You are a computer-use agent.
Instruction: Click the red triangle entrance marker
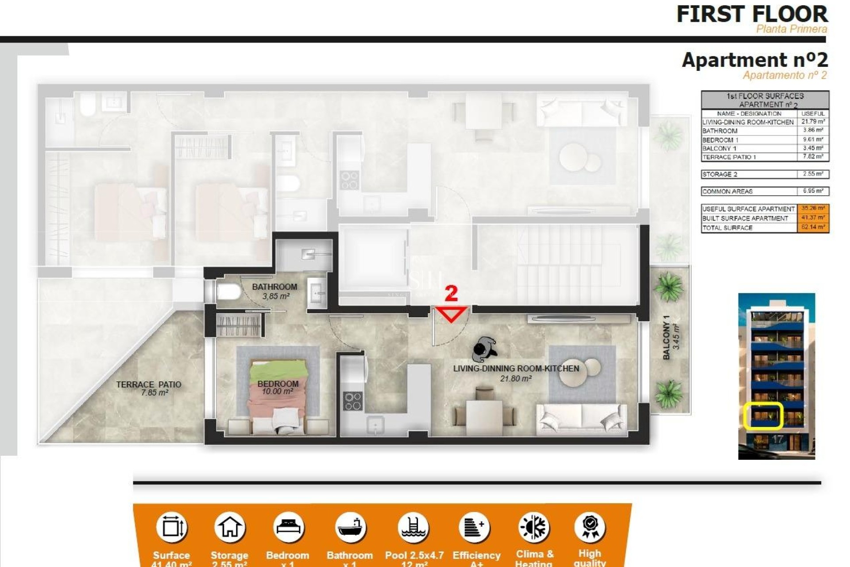tap(451, 314)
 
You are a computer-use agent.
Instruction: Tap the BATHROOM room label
tap(274, 287)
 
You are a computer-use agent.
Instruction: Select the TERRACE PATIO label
tap(149, 384)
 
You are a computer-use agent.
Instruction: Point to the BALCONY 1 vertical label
tap(666, 338)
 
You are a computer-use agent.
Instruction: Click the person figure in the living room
tap(484, 349)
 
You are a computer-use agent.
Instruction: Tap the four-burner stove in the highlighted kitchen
tap(353, 401)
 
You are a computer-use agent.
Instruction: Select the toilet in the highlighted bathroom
tap(228, 292)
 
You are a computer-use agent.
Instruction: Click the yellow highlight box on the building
tap(763, 416)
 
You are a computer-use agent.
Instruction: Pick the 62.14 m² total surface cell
tap(813, 228)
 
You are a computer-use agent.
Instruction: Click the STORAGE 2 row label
tap(720, 174)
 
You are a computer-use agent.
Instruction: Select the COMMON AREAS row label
tap(727, 191)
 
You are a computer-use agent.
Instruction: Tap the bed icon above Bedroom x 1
tap(288, 527)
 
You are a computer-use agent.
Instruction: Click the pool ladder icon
tap(413, 527)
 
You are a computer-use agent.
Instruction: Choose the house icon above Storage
tap(229, 527)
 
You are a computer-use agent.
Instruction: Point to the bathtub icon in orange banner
tap(350, 527)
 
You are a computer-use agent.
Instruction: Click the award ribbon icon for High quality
tap(590, 527)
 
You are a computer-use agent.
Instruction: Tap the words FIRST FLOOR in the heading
tap(752, 14)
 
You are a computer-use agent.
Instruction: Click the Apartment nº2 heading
tap(754, 60)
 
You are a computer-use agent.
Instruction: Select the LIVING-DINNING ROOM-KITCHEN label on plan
tap(516, 369)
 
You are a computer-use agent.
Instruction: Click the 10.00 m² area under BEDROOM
tap(278, 392)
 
